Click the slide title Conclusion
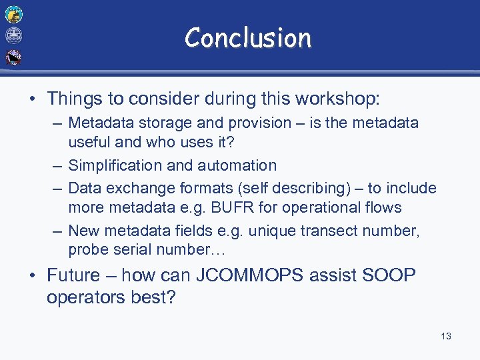tap(248, 38)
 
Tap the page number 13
tap(446, 336)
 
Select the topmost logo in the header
tap(13, 14)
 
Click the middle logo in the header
tap(13, 35)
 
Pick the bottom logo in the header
tap(13, 57)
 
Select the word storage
tap(157, 123)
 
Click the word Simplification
tap(113, 165)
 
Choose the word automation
tap(239, 165)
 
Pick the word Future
tap(74, 275)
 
